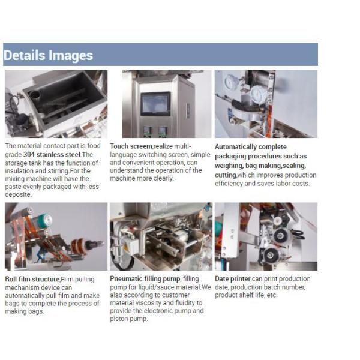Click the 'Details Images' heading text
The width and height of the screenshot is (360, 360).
(x=48, y=55)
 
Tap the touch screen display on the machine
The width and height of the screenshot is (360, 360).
(x=155, y=104)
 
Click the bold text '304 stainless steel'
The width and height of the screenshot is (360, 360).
(x=52, y=155)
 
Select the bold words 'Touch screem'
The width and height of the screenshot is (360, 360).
(x=131, y=146)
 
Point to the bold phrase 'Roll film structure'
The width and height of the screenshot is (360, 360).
(x=32, y=279)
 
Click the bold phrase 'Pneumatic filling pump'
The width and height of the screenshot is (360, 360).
(x=145, y=279)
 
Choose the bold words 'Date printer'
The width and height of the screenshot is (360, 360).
(x=233, y=279)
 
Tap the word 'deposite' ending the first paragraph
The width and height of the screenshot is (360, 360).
(x=18, y=194)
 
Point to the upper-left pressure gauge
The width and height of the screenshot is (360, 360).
(x=231, y=82)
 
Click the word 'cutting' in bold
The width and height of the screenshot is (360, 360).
(x=226, y=175)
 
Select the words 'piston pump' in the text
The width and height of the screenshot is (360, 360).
(x=128, y=319)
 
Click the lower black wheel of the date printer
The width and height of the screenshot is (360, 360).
(x=271, y=255)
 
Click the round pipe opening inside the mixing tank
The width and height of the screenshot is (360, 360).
(x=34, y=95)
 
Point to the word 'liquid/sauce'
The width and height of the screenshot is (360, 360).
(x=155, y=287)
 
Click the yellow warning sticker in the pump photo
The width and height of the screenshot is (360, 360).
(x=125, y=248)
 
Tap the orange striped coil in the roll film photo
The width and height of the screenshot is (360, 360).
(x=78, y=247)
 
